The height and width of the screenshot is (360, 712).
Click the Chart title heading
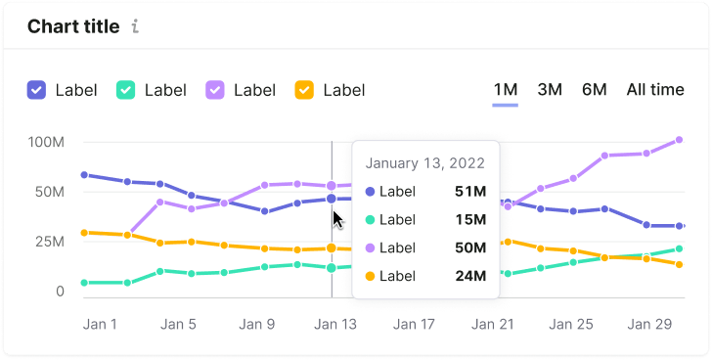73,26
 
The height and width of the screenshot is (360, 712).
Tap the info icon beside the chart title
135,26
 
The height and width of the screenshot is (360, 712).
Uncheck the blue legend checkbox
36,90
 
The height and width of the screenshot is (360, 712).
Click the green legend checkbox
126,90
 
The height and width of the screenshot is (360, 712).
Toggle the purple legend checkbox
215,90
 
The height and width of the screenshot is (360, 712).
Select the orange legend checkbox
304,90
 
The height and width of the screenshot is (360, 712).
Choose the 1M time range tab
506,89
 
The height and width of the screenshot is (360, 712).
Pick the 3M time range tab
550,89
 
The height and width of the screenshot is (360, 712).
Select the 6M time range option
595,89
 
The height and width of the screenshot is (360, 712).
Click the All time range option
655,89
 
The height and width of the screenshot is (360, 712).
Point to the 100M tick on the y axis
46,142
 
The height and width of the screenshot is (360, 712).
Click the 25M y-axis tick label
50,242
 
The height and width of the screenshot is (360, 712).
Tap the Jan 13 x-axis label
335,324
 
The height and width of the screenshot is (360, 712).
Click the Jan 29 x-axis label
648,324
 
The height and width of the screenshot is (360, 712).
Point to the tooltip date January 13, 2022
425,163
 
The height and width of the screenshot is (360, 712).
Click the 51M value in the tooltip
470,192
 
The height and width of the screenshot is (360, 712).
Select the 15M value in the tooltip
470,220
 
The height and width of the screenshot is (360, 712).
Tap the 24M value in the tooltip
470,276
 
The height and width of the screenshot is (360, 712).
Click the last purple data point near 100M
679,140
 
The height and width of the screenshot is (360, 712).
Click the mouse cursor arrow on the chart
337,220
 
